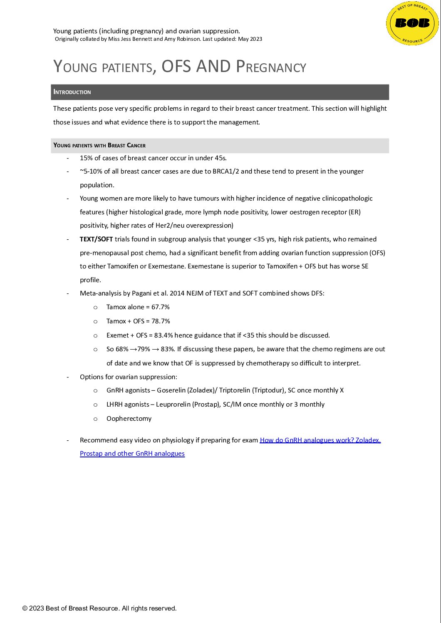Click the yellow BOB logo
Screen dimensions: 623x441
click(x=412, y=23)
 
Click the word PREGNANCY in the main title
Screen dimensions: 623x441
click(x=271, y=67)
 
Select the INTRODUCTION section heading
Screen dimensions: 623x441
click(x=72, y=92)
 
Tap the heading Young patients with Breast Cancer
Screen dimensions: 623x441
click(x=99, y=145)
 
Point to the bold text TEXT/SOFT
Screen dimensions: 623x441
click(x=96, y=239)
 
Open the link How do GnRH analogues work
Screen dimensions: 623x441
click(x=320, y=440)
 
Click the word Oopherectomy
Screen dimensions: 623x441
click(x=129, y=419)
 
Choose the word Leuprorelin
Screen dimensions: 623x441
click(x=173, y=405)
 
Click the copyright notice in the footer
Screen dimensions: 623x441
click(x=99, y=608)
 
